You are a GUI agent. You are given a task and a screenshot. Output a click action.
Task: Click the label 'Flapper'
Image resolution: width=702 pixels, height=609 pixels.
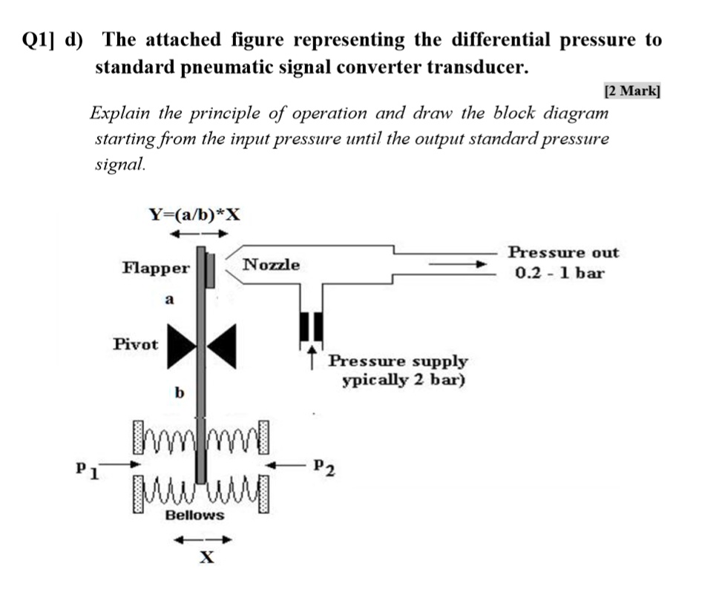click(x=156, y=268)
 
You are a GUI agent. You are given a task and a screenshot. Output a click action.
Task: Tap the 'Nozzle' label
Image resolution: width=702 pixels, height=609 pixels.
click(x=272, y=265)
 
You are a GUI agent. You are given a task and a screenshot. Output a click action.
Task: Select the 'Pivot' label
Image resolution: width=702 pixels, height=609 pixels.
click(x=135, y=344)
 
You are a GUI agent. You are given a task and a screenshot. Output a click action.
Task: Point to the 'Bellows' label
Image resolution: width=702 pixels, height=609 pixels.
click(x=194, y=515)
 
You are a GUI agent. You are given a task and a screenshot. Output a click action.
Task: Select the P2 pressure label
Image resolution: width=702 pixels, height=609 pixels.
click(x=324, y=467)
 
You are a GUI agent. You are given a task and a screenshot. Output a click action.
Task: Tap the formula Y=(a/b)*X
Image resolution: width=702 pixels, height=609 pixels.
click(x=195, y=215)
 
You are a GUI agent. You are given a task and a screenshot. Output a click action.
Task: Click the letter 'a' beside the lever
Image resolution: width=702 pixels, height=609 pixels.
click(x=168, y=300)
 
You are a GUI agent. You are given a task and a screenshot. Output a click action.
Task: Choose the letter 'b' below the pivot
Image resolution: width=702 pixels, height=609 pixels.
click(x=179, y=392)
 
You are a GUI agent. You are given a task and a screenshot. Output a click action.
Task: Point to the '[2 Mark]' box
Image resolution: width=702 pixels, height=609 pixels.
click(x=632, y=91)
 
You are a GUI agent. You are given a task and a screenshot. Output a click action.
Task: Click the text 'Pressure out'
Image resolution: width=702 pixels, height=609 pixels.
click(x=562, y=252)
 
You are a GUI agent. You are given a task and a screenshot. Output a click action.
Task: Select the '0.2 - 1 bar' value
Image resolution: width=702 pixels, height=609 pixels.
click(x=560, y=273)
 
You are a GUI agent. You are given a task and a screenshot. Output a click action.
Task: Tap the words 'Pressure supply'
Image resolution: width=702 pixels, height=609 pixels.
click(x=398, y=361)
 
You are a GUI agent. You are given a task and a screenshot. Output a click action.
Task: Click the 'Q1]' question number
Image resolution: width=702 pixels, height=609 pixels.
click(x=39, y=40)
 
